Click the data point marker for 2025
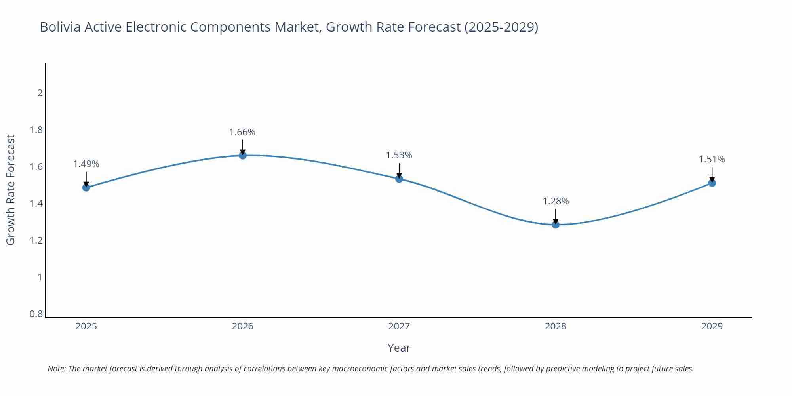point(86,187)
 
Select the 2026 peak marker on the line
point(243,155)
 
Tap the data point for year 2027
point(399,179)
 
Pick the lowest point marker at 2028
point(556,225)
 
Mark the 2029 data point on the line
point(712,183)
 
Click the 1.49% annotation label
point(86,164)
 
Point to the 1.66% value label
point(242,132)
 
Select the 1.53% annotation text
point(399,155)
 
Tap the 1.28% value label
point(556,201)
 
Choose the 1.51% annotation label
point(712,159)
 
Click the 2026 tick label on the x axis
point(243,326)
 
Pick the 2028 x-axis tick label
point(556,326)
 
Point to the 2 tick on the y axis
point(40,93)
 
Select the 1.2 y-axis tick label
point(36,240)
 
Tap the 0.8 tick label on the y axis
point(36,314)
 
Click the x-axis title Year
point(399,348)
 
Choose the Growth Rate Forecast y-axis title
point(11,190)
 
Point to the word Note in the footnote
point(57,369)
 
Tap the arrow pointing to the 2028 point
point(556,217)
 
